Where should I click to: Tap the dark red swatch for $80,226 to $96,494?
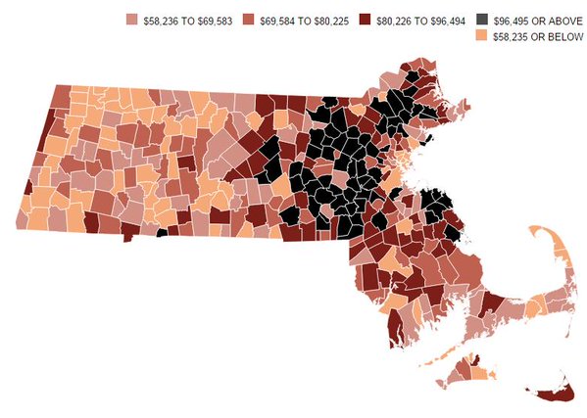click(365, 20)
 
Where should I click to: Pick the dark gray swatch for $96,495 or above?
click(480, 20)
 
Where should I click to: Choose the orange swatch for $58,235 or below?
click(480, 36)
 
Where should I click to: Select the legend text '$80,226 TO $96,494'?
click(419, 20)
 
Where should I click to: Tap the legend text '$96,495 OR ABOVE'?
click(531, 20)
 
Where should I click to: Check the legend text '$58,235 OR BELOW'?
click(532, 36)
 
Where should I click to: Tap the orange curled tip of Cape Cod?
click(543, 236)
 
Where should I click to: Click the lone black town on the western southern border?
click(162, 233)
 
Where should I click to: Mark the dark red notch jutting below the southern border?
click(125, 236)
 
